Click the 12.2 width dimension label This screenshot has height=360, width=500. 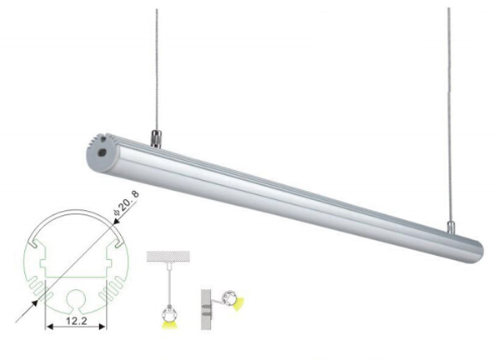[77, 321]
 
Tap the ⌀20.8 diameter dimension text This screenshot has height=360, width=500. [127, 204]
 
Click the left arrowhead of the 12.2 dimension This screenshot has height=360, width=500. [49, 327]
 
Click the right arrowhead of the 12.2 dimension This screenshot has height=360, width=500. [102, 327]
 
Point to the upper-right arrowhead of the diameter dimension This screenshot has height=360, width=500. [117, 222]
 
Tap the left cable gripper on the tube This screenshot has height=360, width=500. [156, 138]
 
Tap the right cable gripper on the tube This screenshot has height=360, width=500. [450, 227]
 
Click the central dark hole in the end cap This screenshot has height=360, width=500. [102, 152]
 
